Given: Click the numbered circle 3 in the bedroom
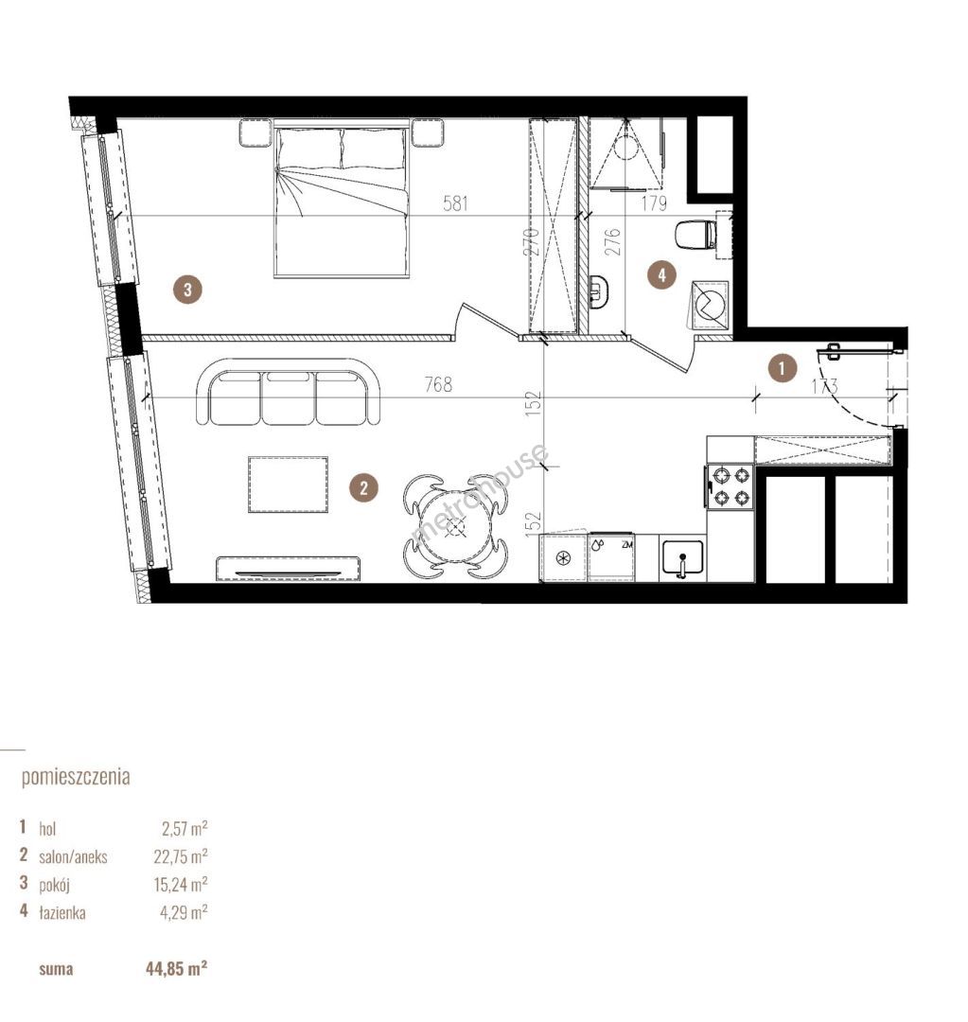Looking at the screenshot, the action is pyautogui.click(x=187, y=288).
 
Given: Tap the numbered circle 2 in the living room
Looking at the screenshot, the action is pyautogui.click(x=363, y=487).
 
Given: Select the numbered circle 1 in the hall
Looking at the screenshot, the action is pyautogui.click(x=783, y=368).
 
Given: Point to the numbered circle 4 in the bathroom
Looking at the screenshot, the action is pyautogui.click(x=661, y=275).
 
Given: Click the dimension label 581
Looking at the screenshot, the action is pyautogui.click(x=456, y=203).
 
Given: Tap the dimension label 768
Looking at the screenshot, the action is pyautogui.click(x=438, y=384).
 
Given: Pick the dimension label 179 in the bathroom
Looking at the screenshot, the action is pyautogui.click(x=654, y=203).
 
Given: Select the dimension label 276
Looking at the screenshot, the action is pyautogui.click(x=613, y=241).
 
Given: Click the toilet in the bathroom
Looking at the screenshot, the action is pyautogui.click(x=695, y=235).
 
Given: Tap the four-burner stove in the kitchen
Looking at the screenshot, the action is pyautogui.click(x=729, y=487).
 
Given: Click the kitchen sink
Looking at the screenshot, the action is pyautogui.click(x=682, y=558).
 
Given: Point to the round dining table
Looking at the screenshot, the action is pyautogui.click(x=455, y=527).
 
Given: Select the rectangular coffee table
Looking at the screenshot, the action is pyautogui.click(x=288, y=485).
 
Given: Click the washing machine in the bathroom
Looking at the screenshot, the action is pyautogui.click(x=710, y=304).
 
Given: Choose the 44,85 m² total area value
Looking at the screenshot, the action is pyautogui.click(x=177, y=969).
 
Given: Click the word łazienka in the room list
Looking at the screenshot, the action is pyautogui.click(x=62, y=912).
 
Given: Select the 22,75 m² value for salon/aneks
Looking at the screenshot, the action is pyautogui.click(x=181, y=855).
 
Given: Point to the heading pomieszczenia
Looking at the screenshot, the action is pyautogui.click(x=76, y=778).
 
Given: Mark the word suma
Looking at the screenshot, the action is pyautogui.click(x=56, y=969).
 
